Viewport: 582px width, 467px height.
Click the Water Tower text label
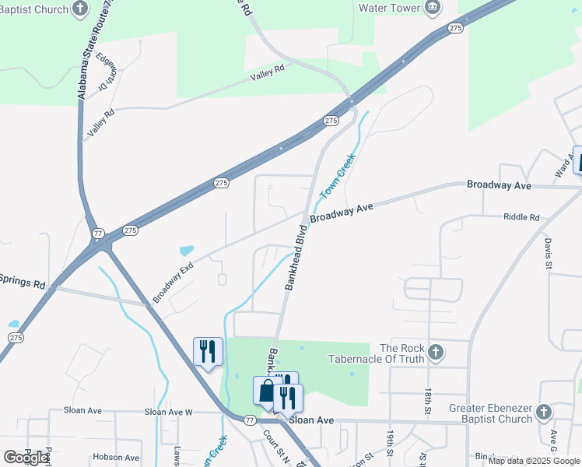pos(388,8)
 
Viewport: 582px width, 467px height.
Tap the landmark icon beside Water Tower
pos(433,8)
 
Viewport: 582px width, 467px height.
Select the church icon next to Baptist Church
pos(80,9)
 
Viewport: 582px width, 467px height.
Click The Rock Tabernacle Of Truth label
pos(401,353)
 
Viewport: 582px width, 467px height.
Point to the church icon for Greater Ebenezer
pos(543,412)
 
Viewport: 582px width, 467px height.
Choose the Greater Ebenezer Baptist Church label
pos(491,413)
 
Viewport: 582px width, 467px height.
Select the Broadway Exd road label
pos(173,283)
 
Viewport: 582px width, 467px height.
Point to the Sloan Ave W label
pos(168,412)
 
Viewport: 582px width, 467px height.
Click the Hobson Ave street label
pos(115,458)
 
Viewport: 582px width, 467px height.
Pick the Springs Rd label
pos(22,280)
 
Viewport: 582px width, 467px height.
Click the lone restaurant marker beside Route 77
pos(208,351)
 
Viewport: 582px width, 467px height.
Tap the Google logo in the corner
pos(26,458)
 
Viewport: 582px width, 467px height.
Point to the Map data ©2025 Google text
pos(534,461)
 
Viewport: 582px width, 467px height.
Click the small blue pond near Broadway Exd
pos(187,251)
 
